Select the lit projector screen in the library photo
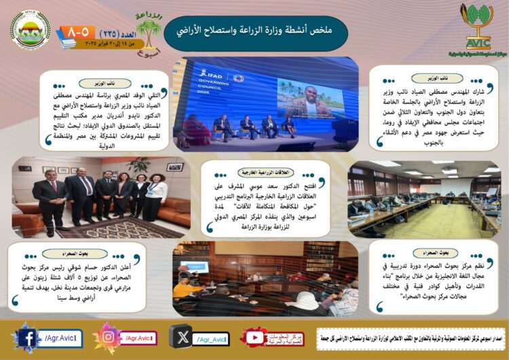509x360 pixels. [x=194, y=266]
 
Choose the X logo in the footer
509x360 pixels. [x=180, y=338]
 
